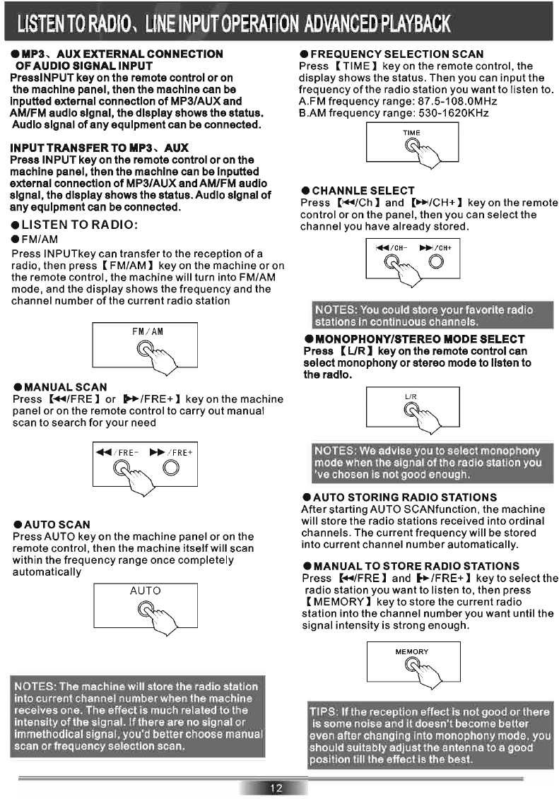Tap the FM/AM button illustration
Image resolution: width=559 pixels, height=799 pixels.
click(145, 348)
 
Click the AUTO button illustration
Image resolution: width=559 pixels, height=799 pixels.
click(145, 607)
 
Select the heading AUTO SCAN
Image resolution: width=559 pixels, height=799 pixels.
click(57, 524)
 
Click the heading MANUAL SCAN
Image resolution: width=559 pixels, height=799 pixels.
click(66, 387)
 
